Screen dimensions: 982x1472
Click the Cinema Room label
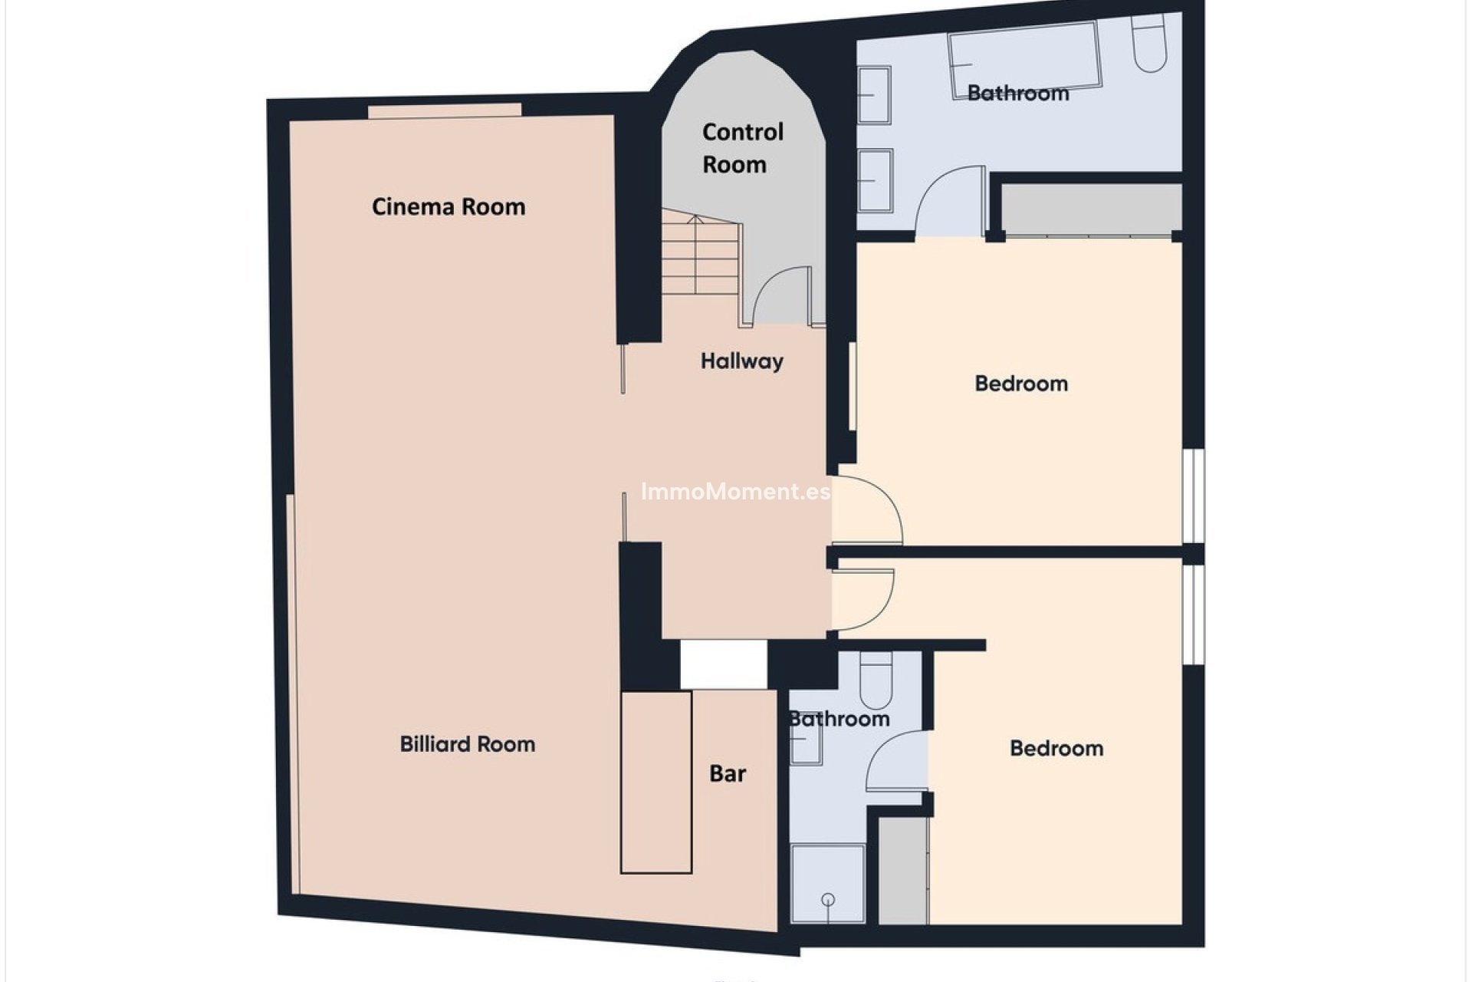[x=449, y=206]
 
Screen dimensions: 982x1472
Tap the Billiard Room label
[x=467, y=743]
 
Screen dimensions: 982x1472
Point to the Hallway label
[x=741, y=361]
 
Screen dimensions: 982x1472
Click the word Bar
[x=727, y=773]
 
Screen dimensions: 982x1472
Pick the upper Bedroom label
[x=1020, y=383]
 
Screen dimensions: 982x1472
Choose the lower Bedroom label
[x=1056, y=748]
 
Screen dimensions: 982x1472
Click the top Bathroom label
[x=1017, y=93]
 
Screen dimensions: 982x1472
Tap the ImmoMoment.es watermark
[x=735, y=491]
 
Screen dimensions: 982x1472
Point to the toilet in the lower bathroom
[x=876, y=679]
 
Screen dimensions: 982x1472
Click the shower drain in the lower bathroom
[x=828, y=899]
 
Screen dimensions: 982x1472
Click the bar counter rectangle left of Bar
[x=656, y=782]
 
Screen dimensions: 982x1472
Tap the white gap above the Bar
[x=724, y=664]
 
